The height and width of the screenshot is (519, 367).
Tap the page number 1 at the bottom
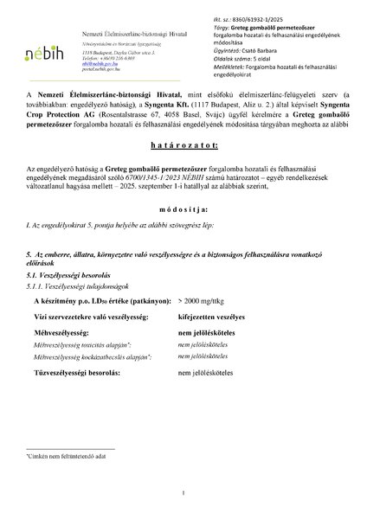(183, 494)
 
